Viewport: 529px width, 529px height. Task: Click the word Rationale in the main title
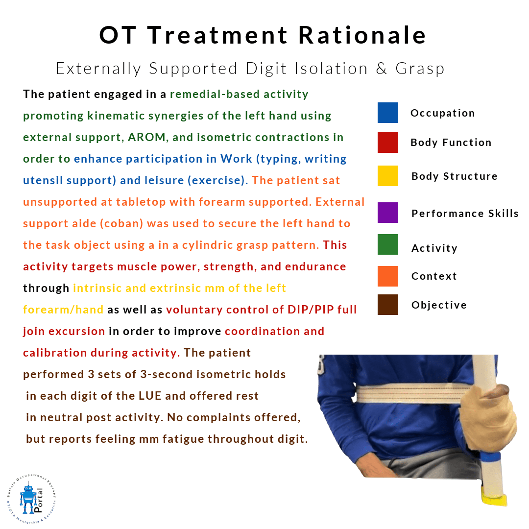(x=362, y=35)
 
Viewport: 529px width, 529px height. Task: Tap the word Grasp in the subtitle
(x=420, y=69)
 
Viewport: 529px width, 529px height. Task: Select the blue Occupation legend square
(x=387, y=113)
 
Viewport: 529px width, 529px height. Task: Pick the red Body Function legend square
(x=387, y=143)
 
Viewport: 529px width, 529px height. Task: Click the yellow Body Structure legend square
(x=387, y=176)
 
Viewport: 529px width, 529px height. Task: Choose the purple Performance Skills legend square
(x=387, y=213)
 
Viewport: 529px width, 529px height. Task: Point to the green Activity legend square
(x=387, y=244)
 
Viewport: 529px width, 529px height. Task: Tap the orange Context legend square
(x=387, y=276)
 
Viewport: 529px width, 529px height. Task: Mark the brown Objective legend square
(x=387, y=305)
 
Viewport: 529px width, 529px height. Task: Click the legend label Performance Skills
(x=465, y=213)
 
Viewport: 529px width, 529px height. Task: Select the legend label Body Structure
(x=455, y=176)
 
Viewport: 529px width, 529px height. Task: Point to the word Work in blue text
(x=236, y=159)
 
